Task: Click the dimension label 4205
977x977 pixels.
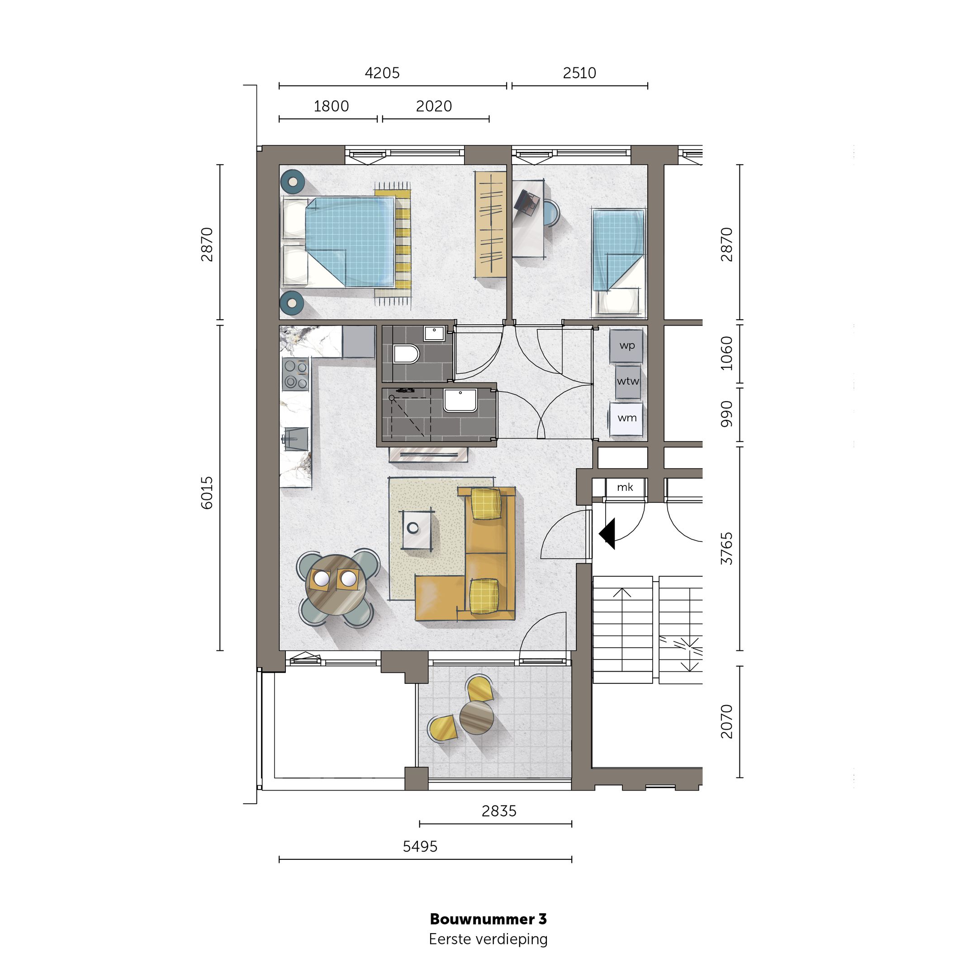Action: click(x=382, y=73)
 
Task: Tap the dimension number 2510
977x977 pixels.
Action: click(x=579, y=73)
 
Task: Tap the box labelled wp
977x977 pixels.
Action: click(x=626, y=346)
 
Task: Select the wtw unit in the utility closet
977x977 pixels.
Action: click(x=627, y=382)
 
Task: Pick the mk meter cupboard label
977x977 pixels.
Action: click(x=625, y=488)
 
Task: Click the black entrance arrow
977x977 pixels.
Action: click(x=607, y=534)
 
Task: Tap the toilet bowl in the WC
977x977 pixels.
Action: click(x=406, y=354)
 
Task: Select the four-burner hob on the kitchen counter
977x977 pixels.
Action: click(x=295, y=374)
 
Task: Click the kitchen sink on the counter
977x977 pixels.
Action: click(x=296, y=439)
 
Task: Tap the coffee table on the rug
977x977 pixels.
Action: click(x=417, y=530)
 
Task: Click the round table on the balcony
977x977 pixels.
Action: click(x=476, y=716)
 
